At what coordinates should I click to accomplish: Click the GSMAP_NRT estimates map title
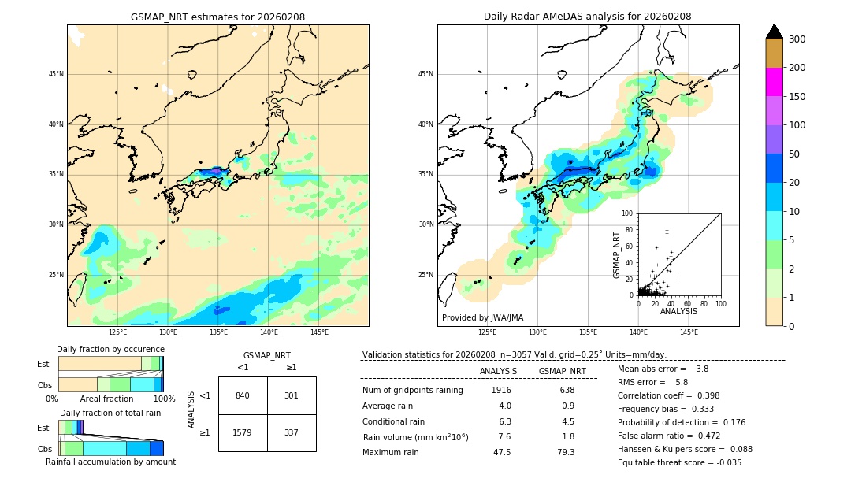point(217,17)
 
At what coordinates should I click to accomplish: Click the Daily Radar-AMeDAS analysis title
point(587,17)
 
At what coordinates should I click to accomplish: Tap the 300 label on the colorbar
point(798,39)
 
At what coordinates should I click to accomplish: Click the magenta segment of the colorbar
point(774,82)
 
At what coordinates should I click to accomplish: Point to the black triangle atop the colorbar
point(775,32)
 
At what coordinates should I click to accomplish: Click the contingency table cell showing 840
point(243,395)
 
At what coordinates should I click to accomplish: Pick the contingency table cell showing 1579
point(243,432)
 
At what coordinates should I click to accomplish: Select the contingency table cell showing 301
point(292,395)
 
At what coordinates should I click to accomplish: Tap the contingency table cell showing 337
point(292,432)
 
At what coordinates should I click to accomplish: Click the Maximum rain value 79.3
point(566,452)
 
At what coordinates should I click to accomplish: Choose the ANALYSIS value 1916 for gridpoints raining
point(501,390)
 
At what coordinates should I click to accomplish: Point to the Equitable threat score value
point(727,462)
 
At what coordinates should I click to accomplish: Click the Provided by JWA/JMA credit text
point(482,318)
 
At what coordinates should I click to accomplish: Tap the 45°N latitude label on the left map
point(55,74)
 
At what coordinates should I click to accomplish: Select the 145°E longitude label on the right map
point(689,332)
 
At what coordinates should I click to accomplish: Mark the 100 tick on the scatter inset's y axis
point(628,213)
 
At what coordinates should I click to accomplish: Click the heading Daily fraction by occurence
point(110,349)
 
